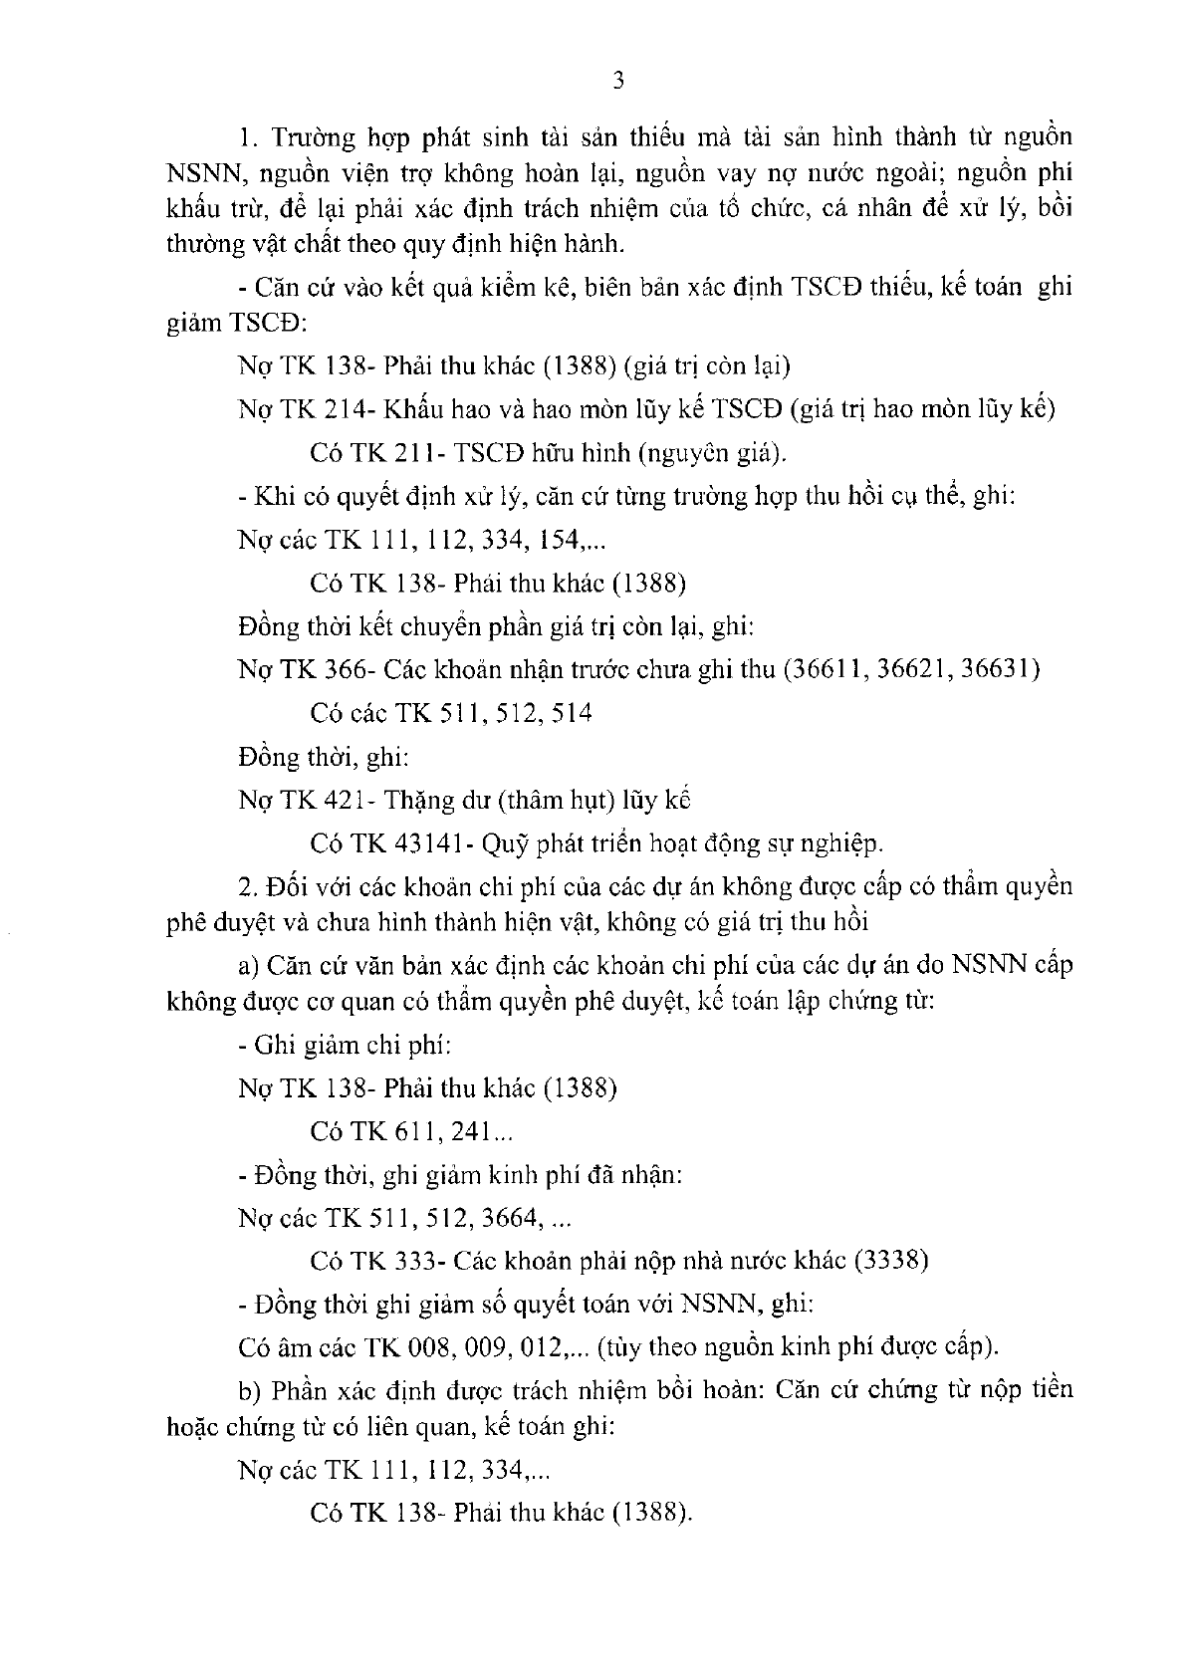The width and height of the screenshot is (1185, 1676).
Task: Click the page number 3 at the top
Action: pos(618,82)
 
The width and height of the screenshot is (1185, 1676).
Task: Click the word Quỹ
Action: pos(501,844)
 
